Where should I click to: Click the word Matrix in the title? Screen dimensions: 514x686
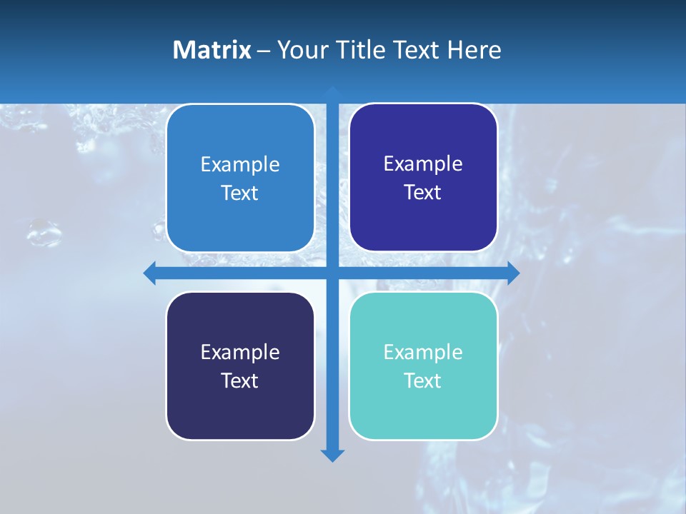(212, 50)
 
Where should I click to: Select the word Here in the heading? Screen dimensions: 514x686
(474, 50)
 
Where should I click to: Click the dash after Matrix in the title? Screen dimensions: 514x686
(264, 51)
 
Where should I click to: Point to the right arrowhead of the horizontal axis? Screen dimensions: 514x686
(513, 273)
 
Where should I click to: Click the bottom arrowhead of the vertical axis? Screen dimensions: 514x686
(332, 455)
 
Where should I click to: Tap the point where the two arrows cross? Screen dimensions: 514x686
(332, 273)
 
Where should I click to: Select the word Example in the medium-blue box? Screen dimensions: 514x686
(240, 165)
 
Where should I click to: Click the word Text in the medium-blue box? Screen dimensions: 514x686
(239, 193)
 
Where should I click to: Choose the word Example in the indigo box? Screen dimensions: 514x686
(423, 164)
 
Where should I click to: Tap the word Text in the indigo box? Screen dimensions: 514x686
(422, 192)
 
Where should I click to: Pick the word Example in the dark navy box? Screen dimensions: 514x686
(240, 353)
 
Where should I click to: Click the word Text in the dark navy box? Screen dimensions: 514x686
(239, 381)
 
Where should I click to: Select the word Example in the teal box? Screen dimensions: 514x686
(423, 353)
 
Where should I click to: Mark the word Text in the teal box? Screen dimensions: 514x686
(422, 381)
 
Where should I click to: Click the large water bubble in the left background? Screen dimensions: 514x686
(44, 232)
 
